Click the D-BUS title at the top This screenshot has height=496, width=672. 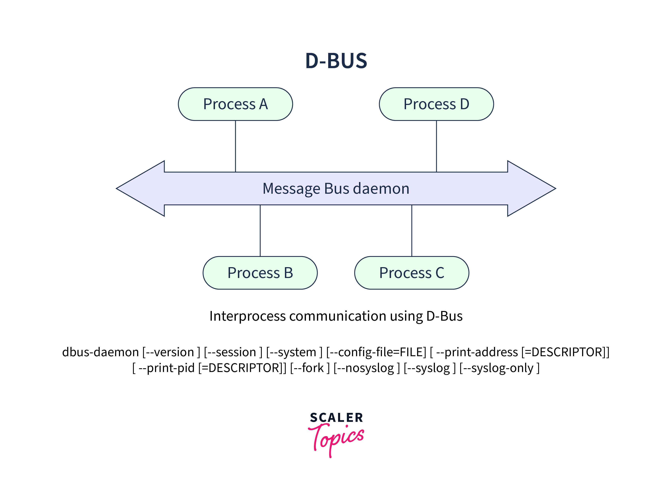click(x=336, y=61)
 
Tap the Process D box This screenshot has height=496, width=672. click(x=436, y=104)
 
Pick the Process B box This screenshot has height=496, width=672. click(x=260, y=273)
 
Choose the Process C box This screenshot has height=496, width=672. click(x=412, y=273)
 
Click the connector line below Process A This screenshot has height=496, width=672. click(x=236, y=146)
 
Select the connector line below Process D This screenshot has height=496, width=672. click(x=436, y=146)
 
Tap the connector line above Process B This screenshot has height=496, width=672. click(x=260, y=231)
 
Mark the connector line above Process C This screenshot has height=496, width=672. click(x=412, y=231)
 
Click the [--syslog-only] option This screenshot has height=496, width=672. click(x=500, y=368)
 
